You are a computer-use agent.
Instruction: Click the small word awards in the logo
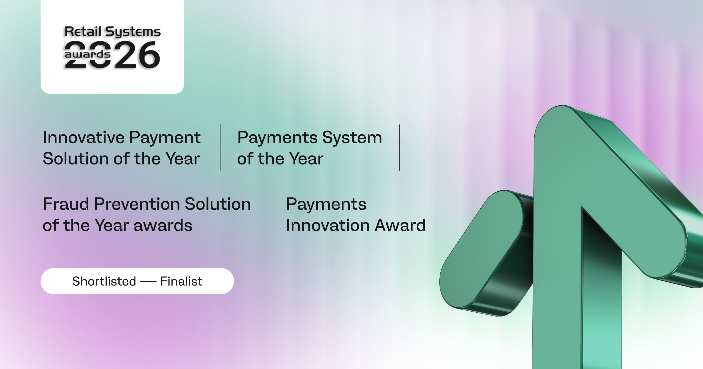click(87, 54)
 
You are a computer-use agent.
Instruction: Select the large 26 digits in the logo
click(137, 55)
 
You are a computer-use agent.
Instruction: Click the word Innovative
click(83, 137)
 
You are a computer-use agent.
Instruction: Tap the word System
click(352, 137)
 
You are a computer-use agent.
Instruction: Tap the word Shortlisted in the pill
click(104, 281)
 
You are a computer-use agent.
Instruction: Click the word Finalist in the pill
click(181, 281)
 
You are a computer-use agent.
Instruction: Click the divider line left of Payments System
click(220, 148)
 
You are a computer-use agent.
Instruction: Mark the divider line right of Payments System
click(399, 148)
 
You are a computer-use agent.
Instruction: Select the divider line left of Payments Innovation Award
click(269, 214)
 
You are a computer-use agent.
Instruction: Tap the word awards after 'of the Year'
click(163, 225)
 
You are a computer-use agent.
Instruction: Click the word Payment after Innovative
click(165, 138)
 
